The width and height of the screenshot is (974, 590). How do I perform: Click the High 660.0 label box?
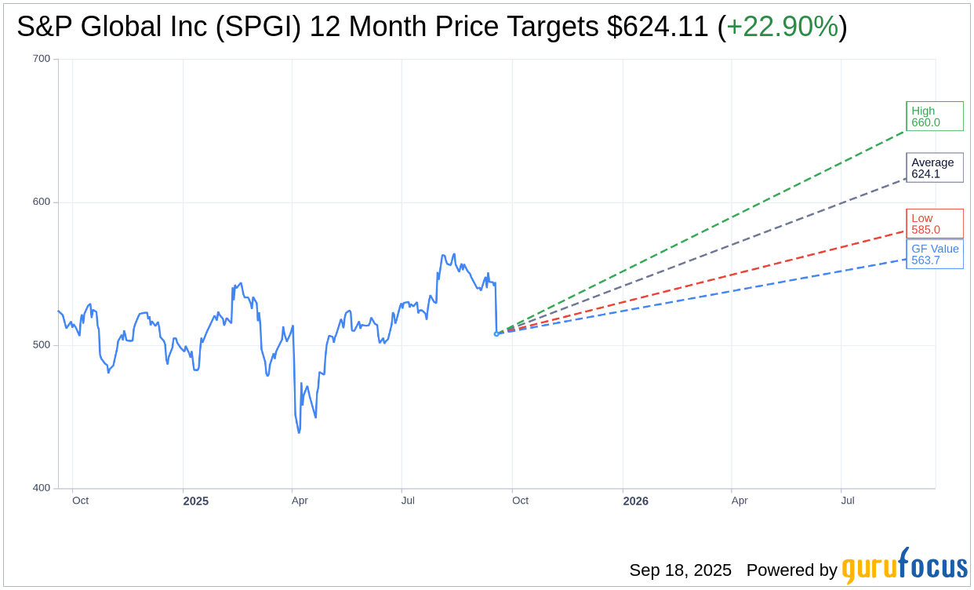click(934, 116)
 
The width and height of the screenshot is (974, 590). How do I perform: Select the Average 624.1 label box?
click(934, 168)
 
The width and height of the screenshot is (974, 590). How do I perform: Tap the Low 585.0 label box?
click(934, 224)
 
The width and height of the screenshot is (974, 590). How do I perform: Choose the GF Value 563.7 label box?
click(934, 254)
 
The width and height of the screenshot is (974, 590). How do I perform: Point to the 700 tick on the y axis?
click(42, 59)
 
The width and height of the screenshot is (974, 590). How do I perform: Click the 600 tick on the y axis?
click(42, 202)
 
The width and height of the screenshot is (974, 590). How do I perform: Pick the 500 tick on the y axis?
click(42, 345)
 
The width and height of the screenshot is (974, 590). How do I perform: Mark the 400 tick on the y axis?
click(42, 488)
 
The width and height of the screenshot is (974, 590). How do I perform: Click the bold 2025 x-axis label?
click(196, 501)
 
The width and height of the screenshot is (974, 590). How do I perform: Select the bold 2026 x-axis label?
click(635, 501)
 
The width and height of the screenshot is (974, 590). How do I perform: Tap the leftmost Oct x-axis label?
click(80, 501)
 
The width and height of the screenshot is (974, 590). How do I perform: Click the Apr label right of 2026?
click(739, 501)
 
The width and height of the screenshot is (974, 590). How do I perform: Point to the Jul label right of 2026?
click(848, 501)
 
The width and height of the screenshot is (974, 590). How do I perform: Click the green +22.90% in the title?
click(782, 27)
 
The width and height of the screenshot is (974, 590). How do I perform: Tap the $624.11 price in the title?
click(657, 27)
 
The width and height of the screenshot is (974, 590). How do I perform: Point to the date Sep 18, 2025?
click(680, 570)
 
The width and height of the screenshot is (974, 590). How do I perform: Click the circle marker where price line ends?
click(496, 333)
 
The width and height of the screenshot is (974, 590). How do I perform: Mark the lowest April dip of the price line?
click(299, 432)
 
